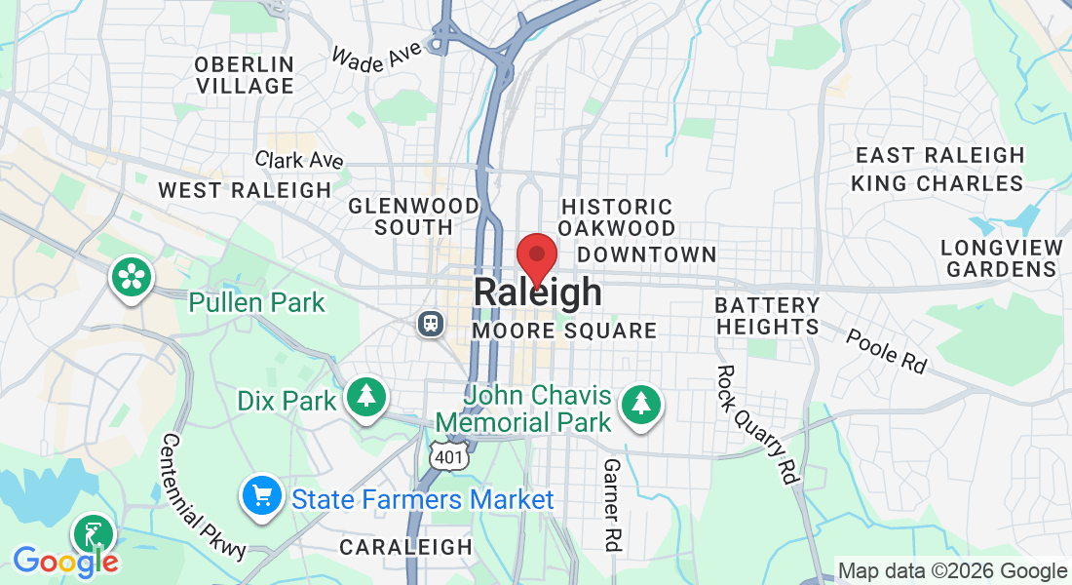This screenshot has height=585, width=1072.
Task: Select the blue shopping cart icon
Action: click(x=261, y=497)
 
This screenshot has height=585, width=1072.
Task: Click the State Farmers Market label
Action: click(x=423, y=500)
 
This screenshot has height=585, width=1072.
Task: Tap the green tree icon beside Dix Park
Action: click(x=365, y=396)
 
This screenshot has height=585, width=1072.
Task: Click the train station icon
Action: click(x=429, y=323)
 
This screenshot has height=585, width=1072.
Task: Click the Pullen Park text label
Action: click(x=256, y=302)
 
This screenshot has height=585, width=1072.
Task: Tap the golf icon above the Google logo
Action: click(x=94, y=534)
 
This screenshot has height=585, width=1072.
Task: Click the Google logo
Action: click(x=64, y=561)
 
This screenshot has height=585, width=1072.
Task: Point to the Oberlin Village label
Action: click(x=244, y=75)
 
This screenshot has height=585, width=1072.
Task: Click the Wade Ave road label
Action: click(x=376, y=56)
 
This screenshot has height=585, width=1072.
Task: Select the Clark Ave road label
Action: click(x=298, y=160)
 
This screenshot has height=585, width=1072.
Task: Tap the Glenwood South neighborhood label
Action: click(x=413, y=216)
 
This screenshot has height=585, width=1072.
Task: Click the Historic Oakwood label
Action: click(x=617, y=217)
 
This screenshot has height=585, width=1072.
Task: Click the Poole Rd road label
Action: click(x=885, y=351)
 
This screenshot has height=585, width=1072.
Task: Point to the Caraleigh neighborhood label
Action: click(x=405, y=547)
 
